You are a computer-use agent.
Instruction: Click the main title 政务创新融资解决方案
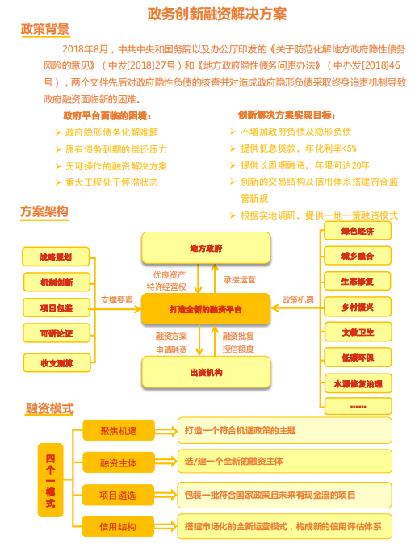(216, 14)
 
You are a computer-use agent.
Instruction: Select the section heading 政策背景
(45, 29)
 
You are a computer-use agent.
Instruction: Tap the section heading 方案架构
(44, 211)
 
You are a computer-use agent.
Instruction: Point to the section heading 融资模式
(49, 408)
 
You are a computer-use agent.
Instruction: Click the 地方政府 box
(206, 248)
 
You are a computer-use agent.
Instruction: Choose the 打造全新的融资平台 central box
(206, 309)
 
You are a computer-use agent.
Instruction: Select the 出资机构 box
(206, 373)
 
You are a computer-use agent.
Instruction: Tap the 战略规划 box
(56, 257)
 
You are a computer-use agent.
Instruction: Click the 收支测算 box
(57, 363)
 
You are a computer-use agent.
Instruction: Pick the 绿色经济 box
(358, 231)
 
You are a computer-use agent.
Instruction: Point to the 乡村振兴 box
(358, 307)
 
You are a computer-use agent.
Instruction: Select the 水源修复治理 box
(358, 383)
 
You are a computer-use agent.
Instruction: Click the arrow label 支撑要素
(117, 300)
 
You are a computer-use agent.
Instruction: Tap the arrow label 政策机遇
(298, 300)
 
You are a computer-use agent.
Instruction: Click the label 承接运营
(240, 280)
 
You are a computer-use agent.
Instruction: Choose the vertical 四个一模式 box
(50, 480)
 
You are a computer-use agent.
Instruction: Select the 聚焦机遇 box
(119, 430)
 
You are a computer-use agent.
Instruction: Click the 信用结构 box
(118, 526)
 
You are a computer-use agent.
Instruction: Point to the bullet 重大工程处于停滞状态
(111, 182)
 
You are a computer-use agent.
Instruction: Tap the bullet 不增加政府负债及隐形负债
(295, 132)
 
